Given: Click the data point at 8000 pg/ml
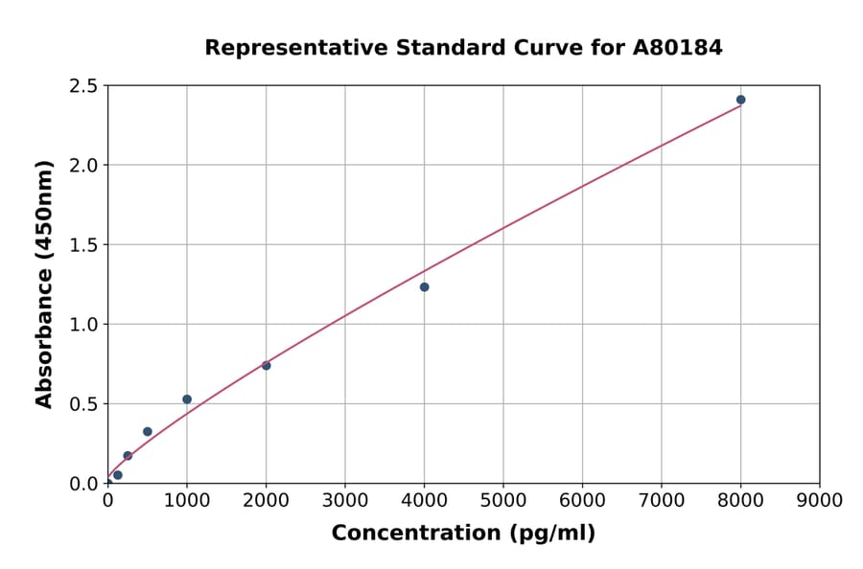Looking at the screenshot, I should point(740,100).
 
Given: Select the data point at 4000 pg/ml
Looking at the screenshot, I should point(424,287).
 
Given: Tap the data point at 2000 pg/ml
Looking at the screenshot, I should point(266,365).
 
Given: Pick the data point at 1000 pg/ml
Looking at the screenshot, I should point(187,399).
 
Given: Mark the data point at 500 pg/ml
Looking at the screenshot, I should point(148,431).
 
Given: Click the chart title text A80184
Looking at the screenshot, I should point(679,47).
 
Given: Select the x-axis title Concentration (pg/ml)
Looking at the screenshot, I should point(463,533).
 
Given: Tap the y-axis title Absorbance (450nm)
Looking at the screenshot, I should point(44,284).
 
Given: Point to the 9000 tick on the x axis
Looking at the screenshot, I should point(819,499).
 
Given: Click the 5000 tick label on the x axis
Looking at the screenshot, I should point(502,499).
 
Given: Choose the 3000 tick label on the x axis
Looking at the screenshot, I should point(345,499).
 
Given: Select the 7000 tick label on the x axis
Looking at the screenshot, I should point(661,499).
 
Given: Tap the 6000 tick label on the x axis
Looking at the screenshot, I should point(582,499).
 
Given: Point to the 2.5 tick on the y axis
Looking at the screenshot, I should point(83,86).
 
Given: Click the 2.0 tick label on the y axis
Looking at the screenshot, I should point(83,166).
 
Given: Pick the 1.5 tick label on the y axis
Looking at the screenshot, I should point(83,245).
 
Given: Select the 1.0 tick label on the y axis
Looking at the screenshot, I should point(83,325).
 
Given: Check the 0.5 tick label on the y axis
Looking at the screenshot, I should point(83,404).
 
